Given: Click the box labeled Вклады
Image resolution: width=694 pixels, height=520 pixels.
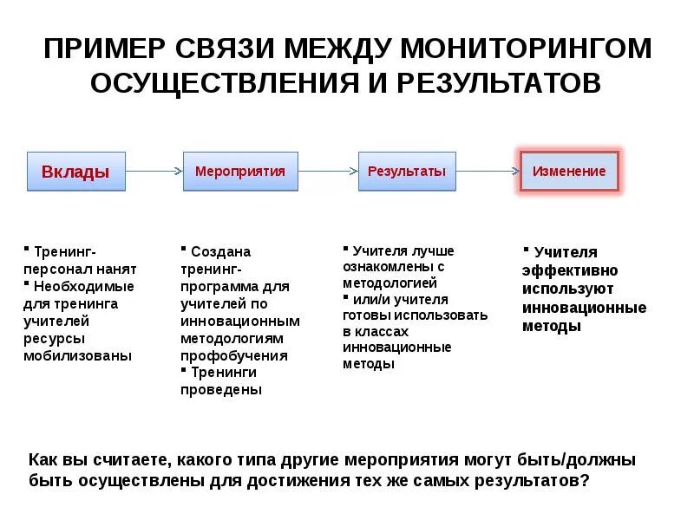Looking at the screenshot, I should [x=76, y=172].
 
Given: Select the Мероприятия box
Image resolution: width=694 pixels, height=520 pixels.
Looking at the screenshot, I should [x=240, y=172].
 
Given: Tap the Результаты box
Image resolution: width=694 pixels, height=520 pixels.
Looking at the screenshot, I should [x=407, y=172].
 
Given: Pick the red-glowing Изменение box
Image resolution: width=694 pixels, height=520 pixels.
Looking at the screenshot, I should [x=569, y=172].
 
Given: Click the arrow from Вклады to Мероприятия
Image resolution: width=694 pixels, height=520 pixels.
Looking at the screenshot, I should [x=154, y=172].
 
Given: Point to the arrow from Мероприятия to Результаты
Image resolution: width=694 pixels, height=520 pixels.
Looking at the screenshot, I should [x=328, y=172].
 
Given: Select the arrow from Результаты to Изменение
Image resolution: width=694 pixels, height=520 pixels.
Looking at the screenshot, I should [x=488, y=172].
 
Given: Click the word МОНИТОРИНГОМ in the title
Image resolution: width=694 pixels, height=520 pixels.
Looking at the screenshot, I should [x=524, y=49].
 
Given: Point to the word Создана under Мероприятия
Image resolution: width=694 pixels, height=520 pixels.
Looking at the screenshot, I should [x=220, y=251].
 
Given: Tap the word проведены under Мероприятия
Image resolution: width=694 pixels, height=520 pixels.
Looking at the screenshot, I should [x=220, y=390].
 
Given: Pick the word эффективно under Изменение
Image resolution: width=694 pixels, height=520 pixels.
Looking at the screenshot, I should [x=570, y=270].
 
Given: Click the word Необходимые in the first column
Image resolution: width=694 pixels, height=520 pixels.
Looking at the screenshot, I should [x=84, y=285].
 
